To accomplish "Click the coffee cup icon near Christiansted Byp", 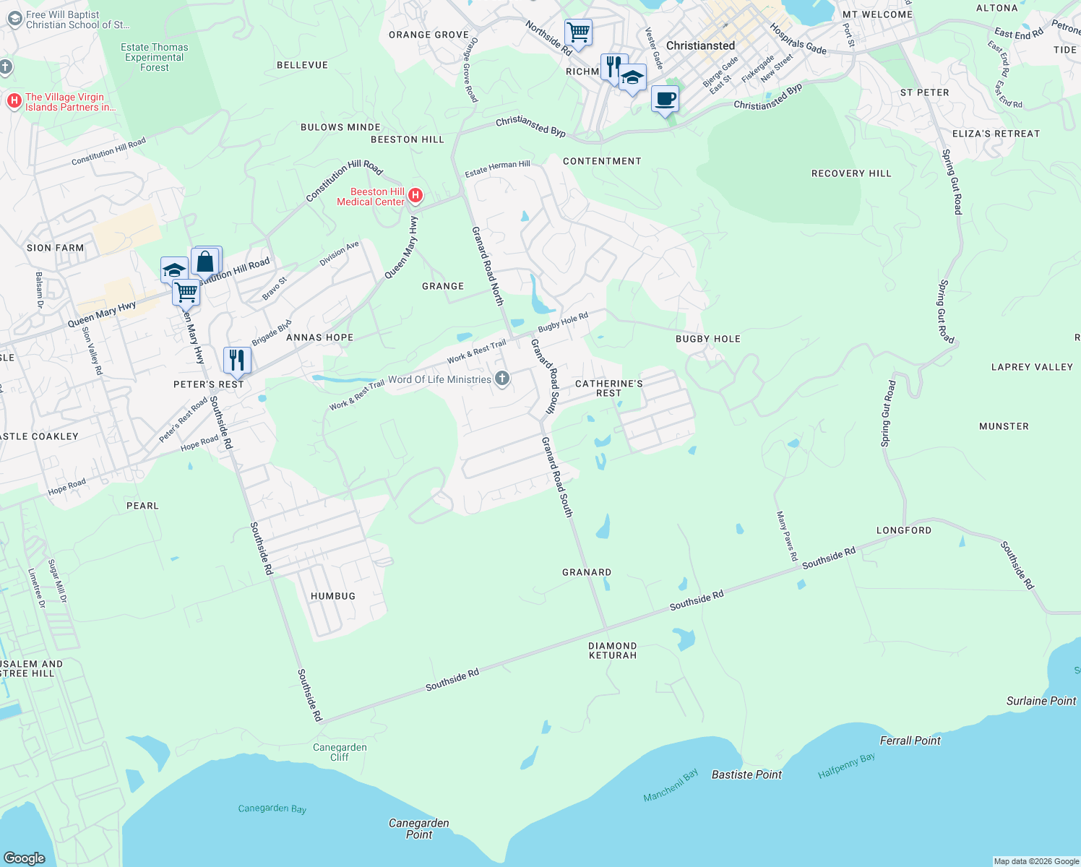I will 665,98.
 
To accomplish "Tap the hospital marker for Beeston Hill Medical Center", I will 415,195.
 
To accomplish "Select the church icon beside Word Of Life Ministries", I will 502,378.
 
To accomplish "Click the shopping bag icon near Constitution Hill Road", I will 205,262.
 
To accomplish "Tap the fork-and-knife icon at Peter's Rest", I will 237,360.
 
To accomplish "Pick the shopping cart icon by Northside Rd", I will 578,33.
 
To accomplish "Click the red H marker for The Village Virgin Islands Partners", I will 14,101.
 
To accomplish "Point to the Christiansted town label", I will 700,46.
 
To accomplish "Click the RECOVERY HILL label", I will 851,173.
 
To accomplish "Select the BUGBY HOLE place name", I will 708,339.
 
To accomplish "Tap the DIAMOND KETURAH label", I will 613,650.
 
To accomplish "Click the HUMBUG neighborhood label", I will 333,596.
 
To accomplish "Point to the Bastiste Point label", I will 746,775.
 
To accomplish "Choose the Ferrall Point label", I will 910,741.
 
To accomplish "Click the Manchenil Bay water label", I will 671,785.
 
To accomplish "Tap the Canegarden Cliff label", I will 340,752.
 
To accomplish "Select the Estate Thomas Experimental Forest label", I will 155,57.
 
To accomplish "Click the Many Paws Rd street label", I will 787,536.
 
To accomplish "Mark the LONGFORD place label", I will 904,530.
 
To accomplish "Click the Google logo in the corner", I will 25,858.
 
